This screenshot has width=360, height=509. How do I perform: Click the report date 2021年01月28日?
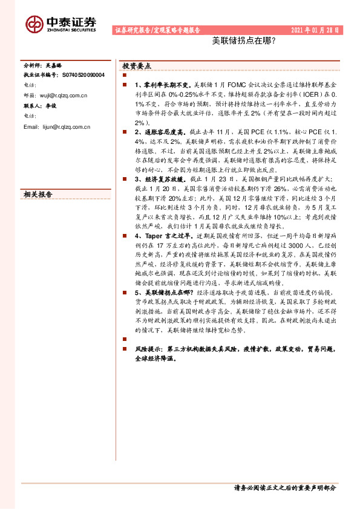(x=315, y=30)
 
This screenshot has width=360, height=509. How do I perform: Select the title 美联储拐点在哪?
(x=244, y=42)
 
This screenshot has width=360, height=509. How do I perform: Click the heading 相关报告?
(x=38, y=195)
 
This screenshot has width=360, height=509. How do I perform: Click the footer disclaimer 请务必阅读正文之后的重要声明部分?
(x=284, y=487)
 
